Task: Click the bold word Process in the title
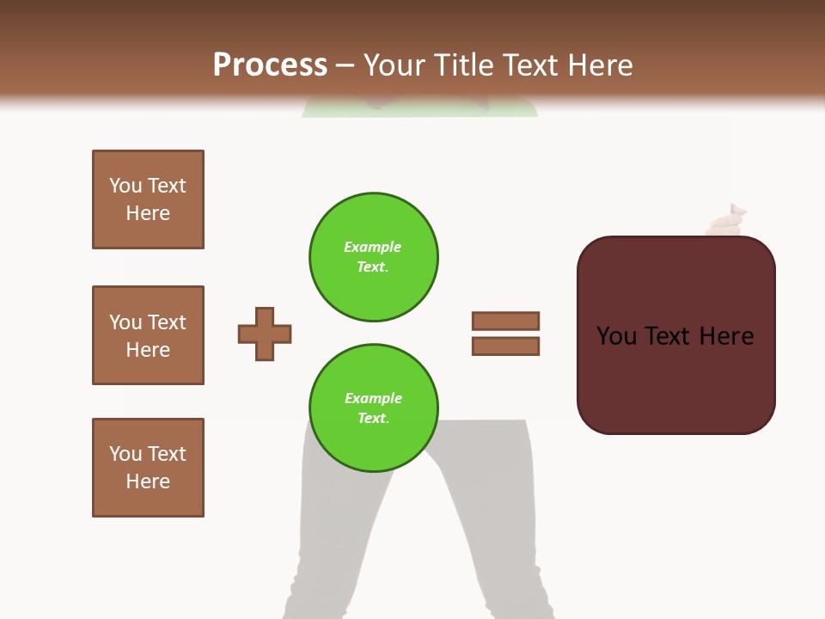tap(270, 65)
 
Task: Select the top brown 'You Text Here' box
tap(148, 199)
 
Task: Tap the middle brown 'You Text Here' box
tap(148, 335)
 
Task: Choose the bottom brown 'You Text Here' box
tap(148, 468)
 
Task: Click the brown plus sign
tap(265, 334)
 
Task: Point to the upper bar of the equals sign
tap(505, 322)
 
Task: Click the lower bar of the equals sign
tap(505, 346)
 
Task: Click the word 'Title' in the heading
tap(465, 65)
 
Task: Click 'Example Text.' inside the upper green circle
tap(373, 257)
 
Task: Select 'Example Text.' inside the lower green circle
tap(373, 408)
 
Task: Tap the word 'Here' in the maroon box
tap(726, 336)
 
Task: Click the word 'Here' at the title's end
tap(601, 65)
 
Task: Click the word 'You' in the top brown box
tap(125, 186)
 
